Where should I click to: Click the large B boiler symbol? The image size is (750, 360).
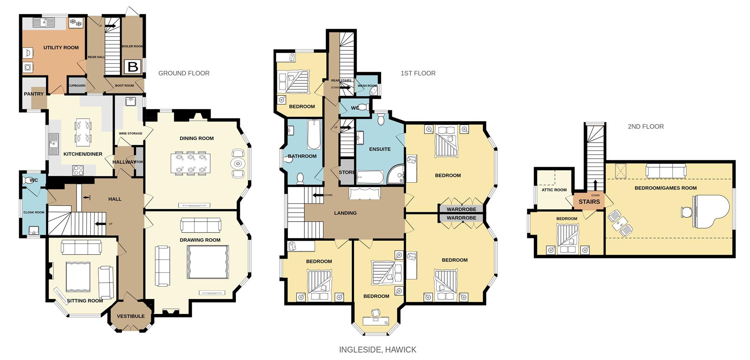[133, 67]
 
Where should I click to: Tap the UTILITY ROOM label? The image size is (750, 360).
[61, 48]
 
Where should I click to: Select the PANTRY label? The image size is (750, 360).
[34, 94]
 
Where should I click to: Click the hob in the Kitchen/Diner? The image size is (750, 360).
[78, 170]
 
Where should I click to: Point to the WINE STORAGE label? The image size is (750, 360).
[130, 134]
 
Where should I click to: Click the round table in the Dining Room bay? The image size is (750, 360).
[237, 163]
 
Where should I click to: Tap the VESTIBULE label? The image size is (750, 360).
[130, 316]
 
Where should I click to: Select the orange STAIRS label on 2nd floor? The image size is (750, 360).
[589, 202]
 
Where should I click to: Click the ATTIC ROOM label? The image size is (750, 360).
[554, 190]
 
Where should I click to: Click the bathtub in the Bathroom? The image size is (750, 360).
[314, 135]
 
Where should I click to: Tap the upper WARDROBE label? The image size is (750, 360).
[461, 210]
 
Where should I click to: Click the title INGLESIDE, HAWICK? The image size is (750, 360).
[378, 349]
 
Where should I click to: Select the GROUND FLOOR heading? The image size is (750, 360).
[184, 73]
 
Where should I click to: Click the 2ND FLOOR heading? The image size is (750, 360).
[645, 126]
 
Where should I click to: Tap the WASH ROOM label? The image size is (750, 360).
[367, 86]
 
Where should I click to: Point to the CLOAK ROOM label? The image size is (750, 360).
[34, 212]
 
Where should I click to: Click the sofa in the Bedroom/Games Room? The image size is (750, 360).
[666, 171]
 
